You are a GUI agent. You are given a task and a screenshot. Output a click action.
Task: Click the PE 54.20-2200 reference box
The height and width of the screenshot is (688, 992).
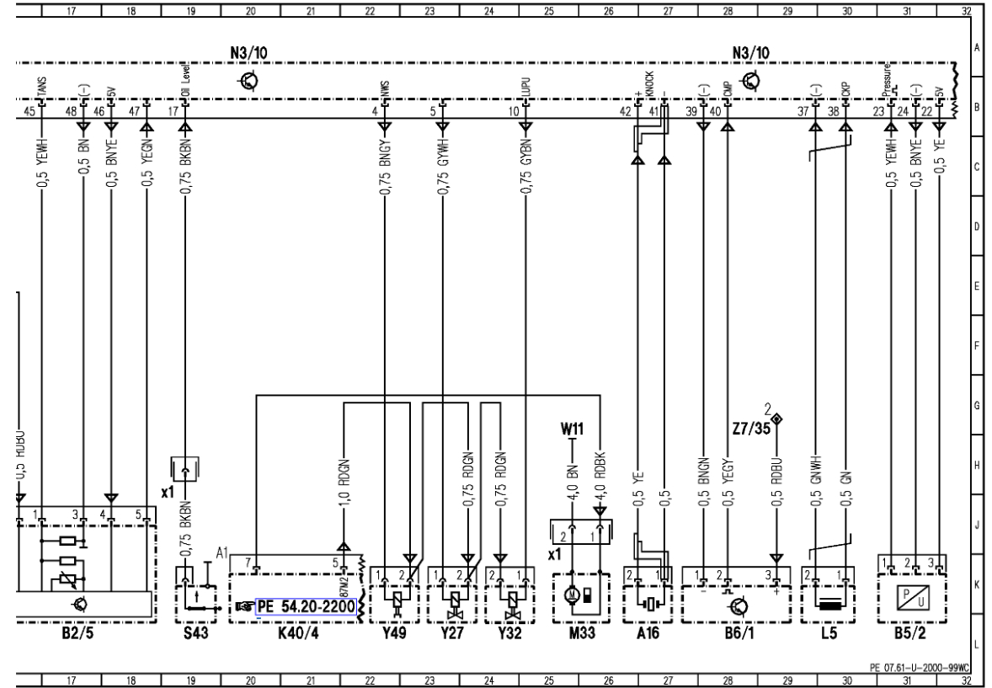tap(306, 605)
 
